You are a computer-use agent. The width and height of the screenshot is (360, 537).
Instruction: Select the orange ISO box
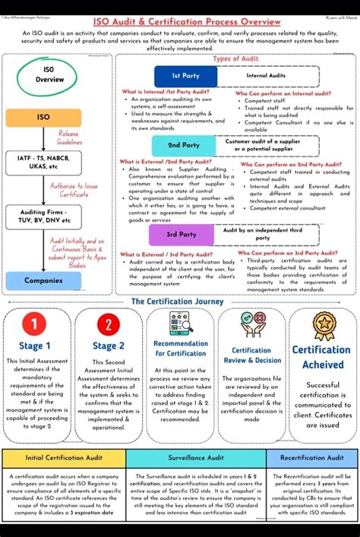(x=43, y=118)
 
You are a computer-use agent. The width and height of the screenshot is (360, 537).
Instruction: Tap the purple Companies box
(x=43, y=280)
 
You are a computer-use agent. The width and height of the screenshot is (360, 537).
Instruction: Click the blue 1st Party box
(x=185, y=76)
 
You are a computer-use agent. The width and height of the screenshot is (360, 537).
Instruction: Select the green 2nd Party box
(x=184, y=144)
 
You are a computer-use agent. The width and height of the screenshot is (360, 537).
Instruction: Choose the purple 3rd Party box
(x=182, y=235)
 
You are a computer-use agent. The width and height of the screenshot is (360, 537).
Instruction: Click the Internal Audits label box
(x=266, y=76)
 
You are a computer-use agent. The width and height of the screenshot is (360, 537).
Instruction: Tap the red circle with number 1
(x=34, y=326)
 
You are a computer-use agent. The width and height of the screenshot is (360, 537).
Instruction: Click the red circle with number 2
(x=108, y=326)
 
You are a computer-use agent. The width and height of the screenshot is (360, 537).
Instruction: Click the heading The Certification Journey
(x=178, y=301)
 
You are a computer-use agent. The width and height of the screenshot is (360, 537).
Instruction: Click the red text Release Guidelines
(x=69, y=137)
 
